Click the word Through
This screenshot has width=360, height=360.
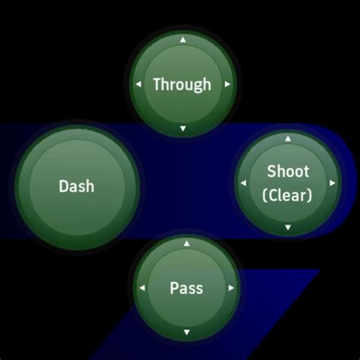(182, 84)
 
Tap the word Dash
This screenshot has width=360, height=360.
(77, 185)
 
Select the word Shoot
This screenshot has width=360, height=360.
(288, 172)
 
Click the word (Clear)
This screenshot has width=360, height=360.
(287, 195)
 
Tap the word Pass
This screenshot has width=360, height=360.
(186, 288)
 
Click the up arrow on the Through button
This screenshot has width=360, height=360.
(182, 39)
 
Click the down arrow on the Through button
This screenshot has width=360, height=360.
(182, 129)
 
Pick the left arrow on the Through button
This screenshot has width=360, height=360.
(138, 84)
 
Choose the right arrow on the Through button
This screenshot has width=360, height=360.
(227, 84)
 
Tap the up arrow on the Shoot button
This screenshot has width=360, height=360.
(288, 139)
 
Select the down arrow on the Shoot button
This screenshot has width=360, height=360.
(288, 227)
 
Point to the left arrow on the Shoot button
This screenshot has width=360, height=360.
(243, 183)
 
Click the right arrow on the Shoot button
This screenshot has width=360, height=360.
(332, 183)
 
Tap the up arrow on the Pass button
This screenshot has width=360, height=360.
(186, 244)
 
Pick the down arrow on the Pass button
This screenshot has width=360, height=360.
(186, 332)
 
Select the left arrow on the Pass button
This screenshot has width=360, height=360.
(142, 288)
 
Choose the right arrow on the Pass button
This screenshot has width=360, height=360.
(231, 288)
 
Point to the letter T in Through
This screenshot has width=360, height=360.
(157, 84)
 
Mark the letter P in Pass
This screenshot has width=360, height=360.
(174, 288)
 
